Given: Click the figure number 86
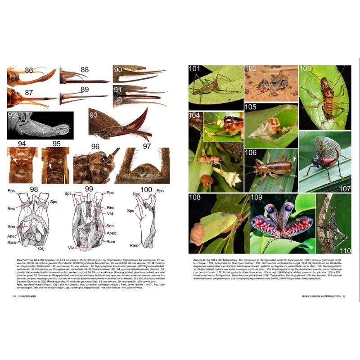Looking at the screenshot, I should click(x=29, y=70).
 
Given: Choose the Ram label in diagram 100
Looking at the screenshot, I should click(x=134, y=246).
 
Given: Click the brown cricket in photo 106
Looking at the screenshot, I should click(x=272, y=170).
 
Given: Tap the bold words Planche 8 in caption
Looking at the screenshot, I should click(x=201, y=260).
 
